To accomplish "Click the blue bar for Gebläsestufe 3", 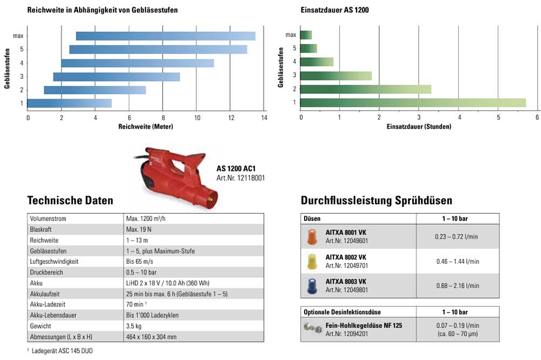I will coord(116,77).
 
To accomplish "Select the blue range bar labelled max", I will coord(166,36).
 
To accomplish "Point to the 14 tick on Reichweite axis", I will coord(264,118).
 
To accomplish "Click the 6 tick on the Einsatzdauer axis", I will coord(537,118).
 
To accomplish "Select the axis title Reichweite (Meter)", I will coord(145,126).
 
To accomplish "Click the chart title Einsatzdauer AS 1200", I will coord(334,10).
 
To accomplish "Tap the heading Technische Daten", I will coord(70,201).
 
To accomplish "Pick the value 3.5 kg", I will coord(134,326).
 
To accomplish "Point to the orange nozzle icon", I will coord(312,236).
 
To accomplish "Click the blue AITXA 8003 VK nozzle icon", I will coord(312,286).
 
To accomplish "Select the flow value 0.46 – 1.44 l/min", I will coord(457,261).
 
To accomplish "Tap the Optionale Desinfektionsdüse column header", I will coord(342,312).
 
